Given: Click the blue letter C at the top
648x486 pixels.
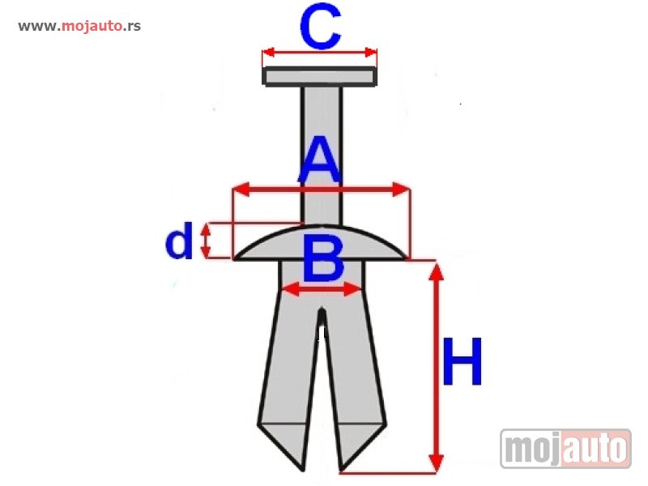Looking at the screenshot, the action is point(320,26).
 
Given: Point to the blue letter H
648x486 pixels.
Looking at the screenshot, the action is point(462,361).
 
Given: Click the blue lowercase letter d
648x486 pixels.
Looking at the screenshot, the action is point(179,241).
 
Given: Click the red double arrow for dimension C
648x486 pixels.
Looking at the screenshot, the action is point(319,53).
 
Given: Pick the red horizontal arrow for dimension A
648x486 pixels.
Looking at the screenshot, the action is point(321,190).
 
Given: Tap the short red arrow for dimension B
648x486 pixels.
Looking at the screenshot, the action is point(321,289).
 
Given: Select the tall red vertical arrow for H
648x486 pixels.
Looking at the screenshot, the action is point(436,367).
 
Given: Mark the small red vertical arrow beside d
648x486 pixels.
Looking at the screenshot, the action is point(206,240).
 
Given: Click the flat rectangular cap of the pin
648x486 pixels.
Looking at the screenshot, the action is point(319,76).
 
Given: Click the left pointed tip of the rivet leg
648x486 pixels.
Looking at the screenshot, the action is point(305,471).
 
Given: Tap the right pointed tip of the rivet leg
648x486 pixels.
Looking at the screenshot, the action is point(340,471).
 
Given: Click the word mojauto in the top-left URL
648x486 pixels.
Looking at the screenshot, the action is point(92,26).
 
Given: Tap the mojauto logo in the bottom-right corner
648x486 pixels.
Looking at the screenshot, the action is point(565,449).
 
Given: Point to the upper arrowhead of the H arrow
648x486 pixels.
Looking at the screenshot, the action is point(436,271).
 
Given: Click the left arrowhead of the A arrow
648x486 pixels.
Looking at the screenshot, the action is point(241,190).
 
